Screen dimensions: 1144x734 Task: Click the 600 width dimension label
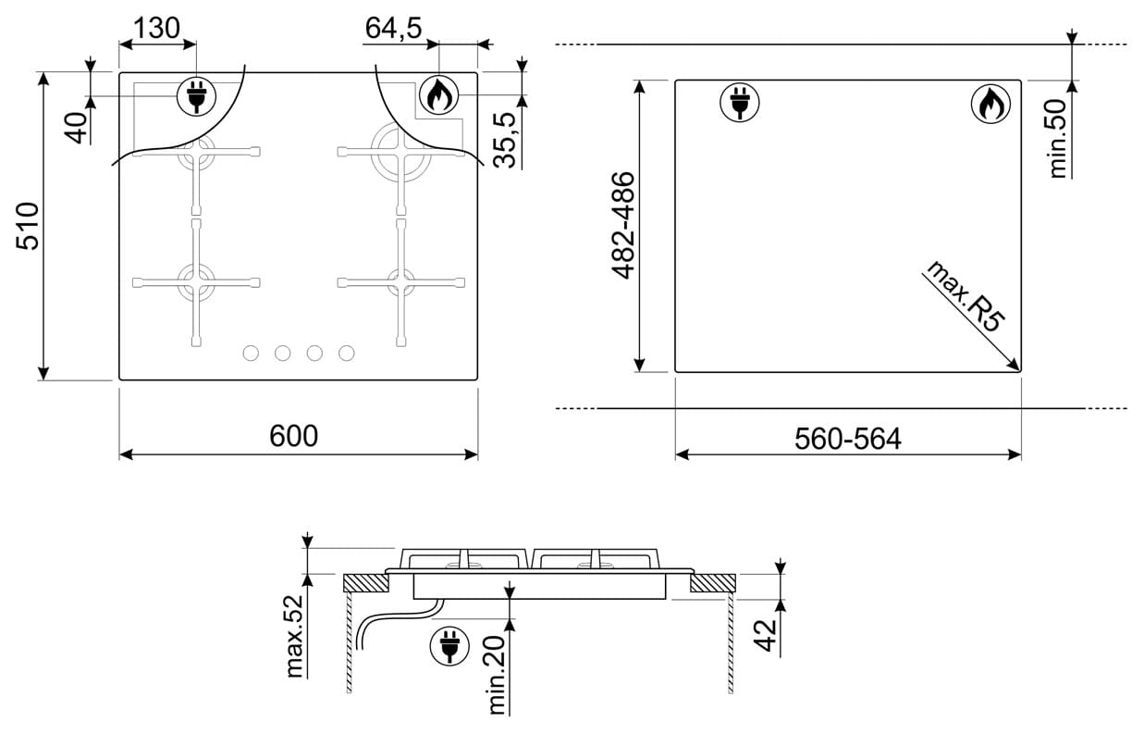(x=294, y=436)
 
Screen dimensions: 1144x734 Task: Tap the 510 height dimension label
(x=28, y=226)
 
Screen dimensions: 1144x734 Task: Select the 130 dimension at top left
(x=156, y=28)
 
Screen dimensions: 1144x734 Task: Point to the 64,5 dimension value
(x=393, y=28)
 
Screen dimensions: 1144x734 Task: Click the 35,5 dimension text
(x=505, y=141)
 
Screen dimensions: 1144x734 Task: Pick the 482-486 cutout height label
(x=623, y=226)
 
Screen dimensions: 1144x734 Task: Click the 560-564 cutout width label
(x=848, y=439)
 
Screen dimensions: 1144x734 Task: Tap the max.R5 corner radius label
(x=966, y=296)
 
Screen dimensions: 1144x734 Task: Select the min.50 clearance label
(x=1058, y=138)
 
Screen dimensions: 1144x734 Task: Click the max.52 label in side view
(x=295, y=637)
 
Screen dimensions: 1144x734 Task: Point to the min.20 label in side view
(x=497, y=674)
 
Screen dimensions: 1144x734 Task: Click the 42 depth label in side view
(x=765, y=635)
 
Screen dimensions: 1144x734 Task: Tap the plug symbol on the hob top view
(x=196, y=96)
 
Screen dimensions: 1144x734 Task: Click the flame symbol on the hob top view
(x=438, y=95)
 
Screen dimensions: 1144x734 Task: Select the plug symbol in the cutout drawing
(x=740, y=103)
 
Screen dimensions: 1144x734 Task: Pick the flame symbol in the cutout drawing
(x=990, y=105)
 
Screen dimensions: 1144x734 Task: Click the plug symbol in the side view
(x=449, y=645)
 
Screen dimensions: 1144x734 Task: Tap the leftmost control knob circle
(x=251, y=354)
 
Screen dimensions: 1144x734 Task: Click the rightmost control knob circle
(x=346, y=354)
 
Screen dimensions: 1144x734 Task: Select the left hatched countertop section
(x=365, y=583)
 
